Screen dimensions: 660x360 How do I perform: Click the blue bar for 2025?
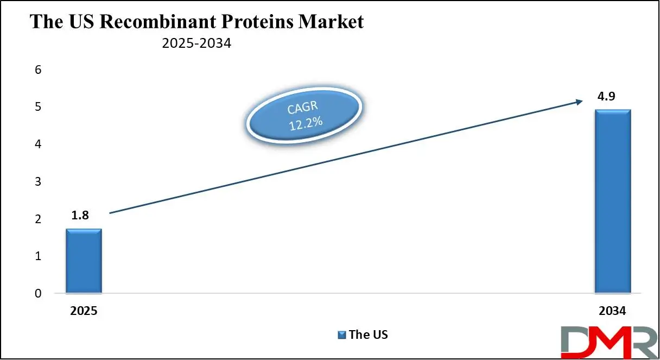point(84,261)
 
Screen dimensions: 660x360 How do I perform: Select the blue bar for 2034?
point(613,201)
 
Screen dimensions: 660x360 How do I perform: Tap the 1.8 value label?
point(80,216)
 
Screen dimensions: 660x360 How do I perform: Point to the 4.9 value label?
point(606,97)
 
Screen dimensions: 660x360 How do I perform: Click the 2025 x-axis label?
point(84,311)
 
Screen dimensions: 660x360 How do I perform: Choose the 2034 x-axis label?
point(612,311)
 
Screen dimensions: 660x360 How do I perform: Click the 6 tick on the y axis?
point(38,70)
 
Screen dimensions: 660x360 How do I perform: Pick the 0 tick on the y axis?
point(38,293)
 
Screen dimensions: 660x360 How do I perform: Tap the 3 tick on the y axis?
point(38,181)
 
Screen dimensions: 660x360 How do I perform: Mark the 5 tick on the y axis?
point(38,107)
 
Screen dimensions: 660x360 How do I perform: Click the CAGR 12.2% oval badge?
point(304,115)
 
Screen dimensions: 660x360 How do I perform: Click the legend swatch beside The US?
point(341,335)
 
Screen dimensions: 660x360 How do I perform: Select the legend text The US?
point(369,334)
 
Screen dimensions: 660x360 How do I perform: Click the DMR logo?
point(610,343)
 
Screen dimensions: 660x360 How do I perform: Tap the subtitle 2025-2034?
point(196,43)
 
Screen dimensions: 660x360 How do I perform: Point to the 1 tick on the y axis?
point(38,256)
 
